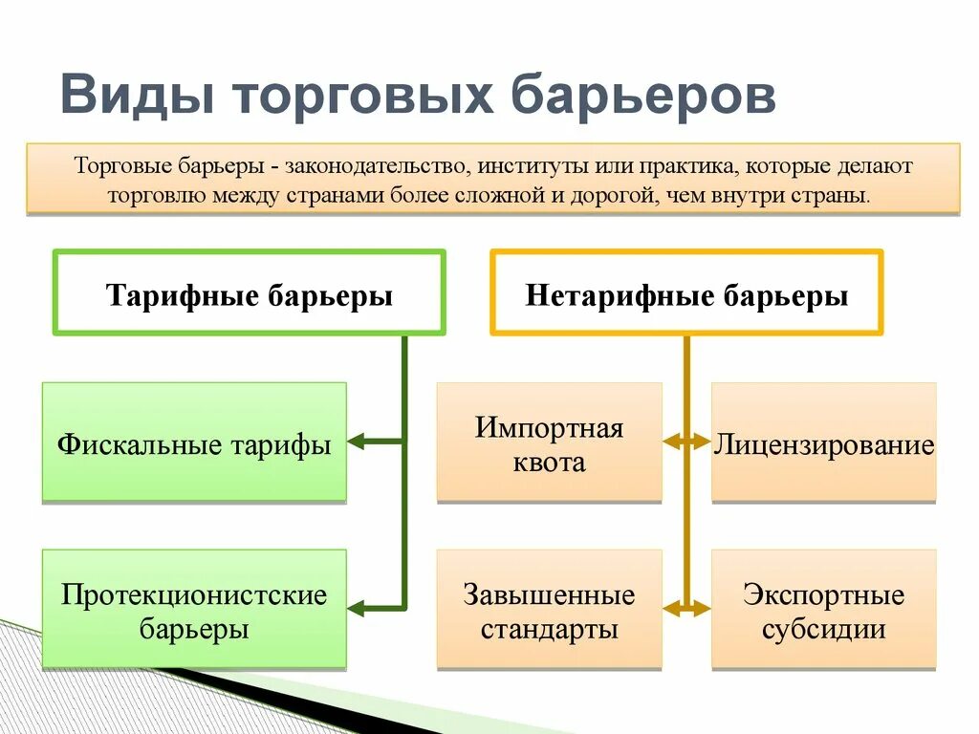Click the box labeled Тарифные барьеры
[250, 294]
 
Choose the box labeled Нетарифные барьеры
[686, 294]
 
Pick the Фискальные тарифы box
[194, 443]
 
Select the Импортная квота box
[549, 443]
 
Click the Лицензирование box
[823, 443]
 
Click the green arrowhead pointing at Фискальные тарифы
[356, 442]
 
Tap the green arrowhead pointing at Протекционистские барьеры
[356, 607]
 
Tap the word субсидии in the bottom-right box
[823, 630]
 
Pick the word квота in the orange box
[549, 464]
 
